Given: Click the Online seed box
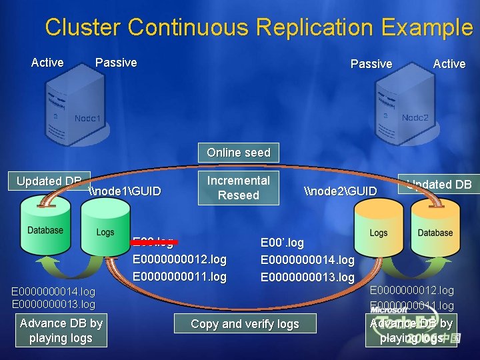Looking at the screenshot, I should coord(239,153).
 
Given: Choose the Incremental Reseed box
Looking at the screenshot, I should coord(239,188).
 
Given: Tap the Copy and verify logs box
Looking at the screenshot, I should coord(245,324).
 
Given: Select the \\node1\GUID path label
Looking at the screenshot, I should coord(125,191).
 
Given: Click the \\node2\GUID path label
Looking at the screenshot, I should coord(340,191).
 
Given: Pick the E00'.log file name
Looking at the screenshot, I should coord(282,243).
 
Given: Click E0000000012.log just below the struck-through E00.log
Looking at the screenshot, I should coord(180,259).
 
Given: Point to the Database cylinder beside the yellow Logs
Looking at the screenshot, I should coord(435,230).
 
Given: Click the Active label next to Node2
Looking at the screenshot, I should coord(449,64).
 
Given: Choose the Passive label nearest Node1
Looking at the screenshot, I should coord(116,63).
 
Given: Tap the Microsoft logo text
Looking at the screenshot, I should coord(389,309).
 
